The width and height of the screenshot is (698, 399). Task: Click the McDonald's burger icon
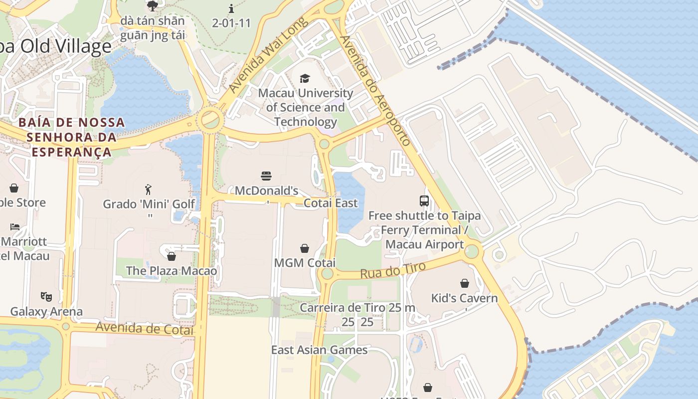point(266,176)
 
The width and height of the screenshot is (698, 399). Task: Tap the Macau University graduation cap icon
point(305,78)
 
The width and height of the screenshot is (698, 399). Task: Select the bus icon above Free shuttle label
point(424,201)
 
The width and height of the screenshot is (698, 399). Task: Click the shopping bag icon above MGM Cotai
point(305,248)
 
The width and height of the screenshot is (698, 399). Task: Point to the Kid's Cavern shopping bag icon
point(465,283)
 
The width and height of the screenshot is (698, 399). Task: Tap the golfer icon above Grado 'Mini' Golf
point(148,189)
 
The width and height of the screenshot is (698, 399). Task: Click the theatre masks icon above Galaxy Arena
point(46,297)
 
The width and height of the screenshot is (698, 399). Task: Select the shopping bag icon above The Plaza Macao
point(172,256)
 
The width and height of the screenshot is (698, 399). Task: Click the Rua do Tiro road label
point(393,270)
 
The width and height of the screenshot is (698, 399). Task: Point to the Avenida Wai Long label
point(268,55)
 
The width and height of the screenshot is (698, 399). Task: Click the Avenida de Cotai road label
point(144,329)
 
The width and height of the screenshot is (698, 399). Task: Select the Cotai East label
point(331,203)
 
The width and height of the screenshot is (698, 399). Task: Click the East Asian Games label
point(319,350)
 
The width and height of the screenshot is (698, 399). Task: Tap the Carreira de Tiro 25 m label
point(357,308)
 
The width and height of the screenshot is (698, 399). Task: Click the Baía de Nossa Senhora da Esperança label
point(71,137)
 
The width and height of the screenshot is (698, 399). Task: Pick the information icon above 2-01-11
point(231,8)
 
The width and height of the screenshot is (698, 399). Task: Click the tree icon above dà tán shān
point(153,6)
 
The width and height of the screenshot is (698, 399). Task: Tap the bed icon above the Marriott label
point(15,226)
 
